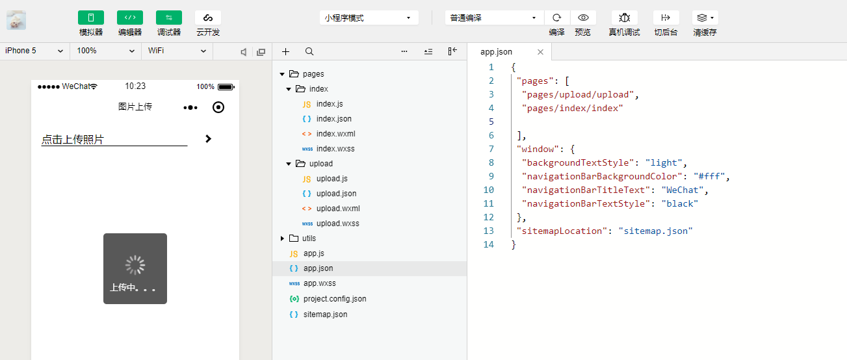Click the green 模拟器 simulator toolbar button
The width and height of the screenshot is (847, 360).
91,18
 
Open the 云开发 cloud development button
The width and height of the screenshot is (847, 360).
207,18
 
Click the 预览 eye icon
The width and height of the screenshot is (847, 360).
583,18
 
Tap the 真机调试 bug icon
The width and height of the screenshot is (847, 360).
624,18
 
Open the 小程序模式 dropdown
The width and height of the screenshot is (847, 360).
369,18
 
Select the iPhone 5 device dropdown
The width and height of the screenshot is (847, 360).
34,51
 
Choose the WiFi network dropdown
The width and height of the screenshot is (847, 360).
177,51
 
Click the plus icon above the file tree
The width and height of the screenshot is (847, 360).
285,51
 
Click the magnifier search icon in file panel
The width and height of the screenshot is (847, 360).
309,51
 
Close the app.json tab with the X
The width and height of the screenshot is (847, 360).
540,52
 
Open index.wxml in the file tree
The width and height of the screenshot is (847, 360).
336,134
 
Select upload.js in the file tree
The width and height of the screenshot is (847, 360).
332,179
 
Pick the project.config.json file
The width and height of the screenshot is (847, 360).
335,299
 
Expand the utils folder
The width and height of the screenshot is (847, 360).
282,238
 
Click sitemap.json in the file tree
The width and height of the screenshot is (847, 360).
325,315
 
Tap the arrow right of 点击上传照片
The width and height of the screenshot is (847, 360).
208,139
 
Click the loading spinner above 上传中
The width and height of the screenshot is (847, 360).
135,265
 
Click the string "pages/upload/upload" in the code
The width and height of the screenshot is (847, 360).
578,94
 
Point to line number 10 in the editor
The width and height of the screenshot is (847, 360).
489,190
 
